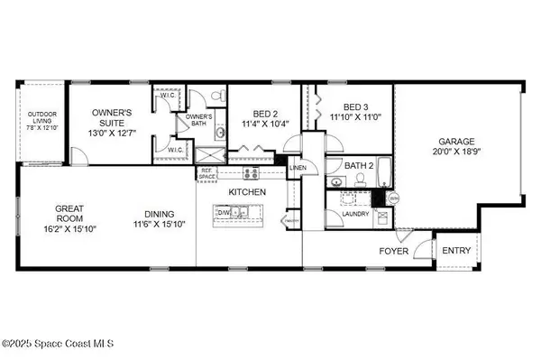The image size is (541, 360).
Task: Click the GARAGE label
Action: coord(456,142)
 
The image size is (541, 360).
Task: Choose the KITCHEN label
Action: coord(245,193)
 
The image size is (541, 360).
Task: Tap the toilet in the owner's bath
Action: coord(216,97)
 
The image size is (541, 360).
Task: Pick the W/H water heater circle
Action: coord(392,198)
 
